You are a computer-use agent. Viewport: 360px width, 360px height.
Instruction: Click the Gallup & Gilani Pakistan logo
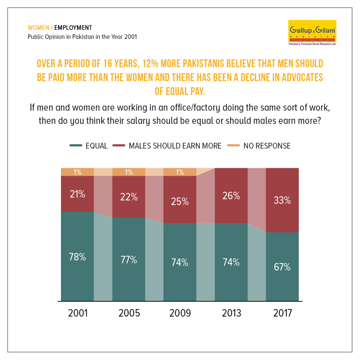(312, 33)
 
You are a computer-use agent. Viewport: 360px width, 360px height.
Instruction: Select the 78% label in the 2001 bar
(77, 257)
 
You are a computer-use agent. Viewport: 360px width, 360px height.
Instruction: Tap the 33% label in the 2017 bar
(282, 200)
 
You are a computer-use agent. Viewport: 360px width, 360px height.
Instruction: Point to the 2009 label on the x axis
(180, 313)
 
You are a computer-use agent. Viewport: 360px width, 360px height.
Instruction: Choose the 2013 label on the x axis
(232, 313)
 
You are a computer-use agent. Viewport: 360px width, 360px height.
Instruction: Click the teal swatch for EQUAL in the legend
(76, 145)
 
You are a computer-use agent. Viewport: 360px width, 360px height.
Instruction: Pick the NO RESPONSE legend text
(267, 146)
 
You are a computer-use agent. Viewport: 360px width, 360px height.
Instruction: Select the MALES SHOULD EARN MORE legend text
(175, 146)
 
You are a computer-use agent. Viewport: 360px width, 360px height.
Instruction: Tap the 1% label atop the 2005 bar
(129, 172)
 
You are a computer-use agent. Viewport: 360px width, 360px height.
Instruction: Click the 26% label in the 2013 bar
(231, 196)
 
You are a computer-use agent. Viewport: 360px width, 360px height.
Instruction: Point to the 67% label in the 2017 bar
(282, 267)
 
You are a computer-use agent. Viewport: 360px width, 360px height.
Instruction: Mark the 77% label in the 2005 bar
(129, 260)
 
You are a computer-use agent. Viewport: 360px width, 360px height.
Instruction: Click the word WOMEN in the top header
(38, 28)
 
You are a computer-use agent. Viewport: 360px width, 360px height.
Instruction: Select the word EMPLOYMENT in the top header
(73, 28)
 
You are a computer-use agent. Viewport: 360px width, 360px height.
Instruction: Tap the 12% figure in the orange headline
(150, 64)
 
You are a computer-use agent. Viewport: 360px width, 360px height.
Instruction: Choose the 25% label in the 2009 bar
(180, 202)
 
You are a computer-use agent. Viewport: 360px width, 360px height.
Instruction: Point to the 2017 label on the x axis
(283, 313)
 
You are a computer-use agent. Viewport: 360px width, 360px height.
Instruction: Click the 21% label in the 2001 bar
(77, 194)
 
